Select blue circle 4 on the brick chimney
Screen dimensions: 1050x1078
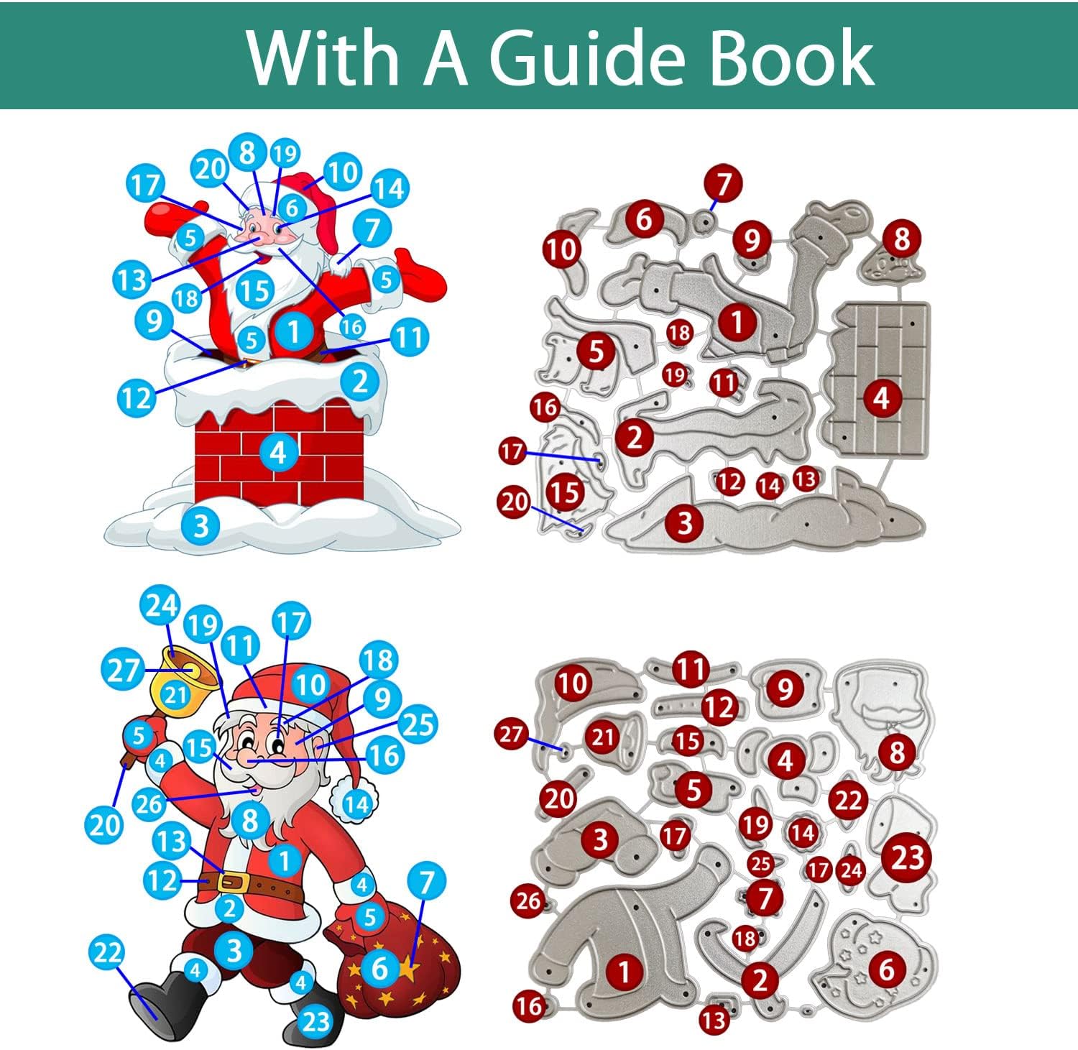pos(278,452)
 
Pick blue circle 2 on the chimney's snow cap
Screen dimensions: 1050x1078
pos(360,381)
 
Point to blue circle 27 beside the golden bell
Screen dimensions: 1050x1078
pos(122,669)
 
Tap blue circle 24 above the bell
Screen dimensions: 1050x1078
pos(160,606)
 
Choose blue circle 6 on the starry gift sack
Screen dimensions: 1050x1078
pos(380,968)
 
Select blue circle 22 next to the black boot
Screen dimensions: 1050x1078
pos(107,953)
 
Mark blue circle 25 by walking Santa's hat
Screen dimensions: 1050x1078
pos(418,725)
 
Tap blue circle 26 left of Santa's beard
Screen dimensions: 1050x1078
pos(149,803)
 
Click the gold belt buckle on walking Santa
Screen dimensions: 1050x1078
pos(235,882)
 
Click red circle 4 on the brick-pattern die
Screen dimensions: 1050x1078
pos(881,397)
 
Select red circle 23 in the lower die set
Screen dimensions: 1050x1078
pos(907,857)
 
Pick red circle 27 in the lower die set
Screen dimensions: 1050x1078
pos(511,734)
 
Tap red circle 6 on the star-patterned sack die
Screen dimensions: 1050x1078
pos(887,970)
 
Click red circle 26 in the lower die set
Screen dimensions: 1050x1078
pos(528,901)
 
